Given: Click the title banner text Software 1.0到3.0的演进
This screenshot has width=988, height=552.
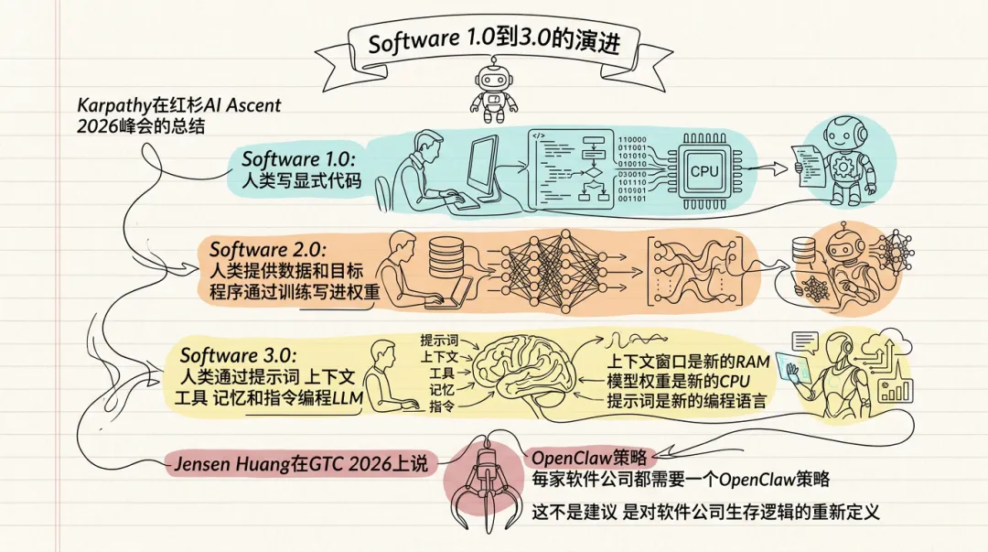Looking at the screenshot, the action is tap(494, 42).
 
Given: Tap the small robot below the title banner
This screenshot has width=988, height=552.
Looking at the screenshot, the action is tap(494, 91).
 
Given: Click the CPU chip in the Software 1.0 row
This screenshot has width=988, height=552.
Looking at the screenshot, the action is tap(703, 170).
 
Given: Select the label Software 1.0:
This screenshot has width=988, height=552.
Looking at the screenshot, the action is tap(298, 158).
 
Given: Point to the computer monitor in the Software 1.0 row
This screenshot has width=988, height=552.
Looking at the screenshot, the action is tap(482, 168).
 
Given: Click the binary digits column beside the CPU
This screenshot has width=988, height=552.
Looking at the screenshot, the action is tap(632, 169).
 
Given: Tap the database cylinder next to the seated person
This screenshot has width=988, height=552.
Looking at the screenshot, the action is tap(447, 256).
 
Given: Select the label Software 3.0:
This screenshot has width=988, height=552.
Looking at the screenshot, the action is tap(238, 355).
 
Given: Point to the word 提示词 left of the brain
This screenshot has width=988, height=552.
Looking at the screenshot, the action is tap(438, 341).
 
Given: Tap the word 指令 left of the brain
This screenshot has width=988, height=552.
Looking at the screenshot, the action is tap(442, 406).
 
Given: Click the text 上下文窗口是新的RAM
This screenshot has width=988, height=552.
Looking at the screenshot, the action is tap(688, 362).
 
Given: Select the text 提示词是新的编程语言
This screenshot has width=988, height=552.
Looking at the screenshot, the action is tap(686, 401).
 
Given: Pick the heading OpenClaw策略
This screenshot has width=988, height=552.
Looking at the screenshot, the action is tap(589, 458).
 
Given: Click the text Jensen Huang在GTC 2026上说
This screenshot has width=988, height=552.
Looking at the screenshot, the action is tap(301, 464).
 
